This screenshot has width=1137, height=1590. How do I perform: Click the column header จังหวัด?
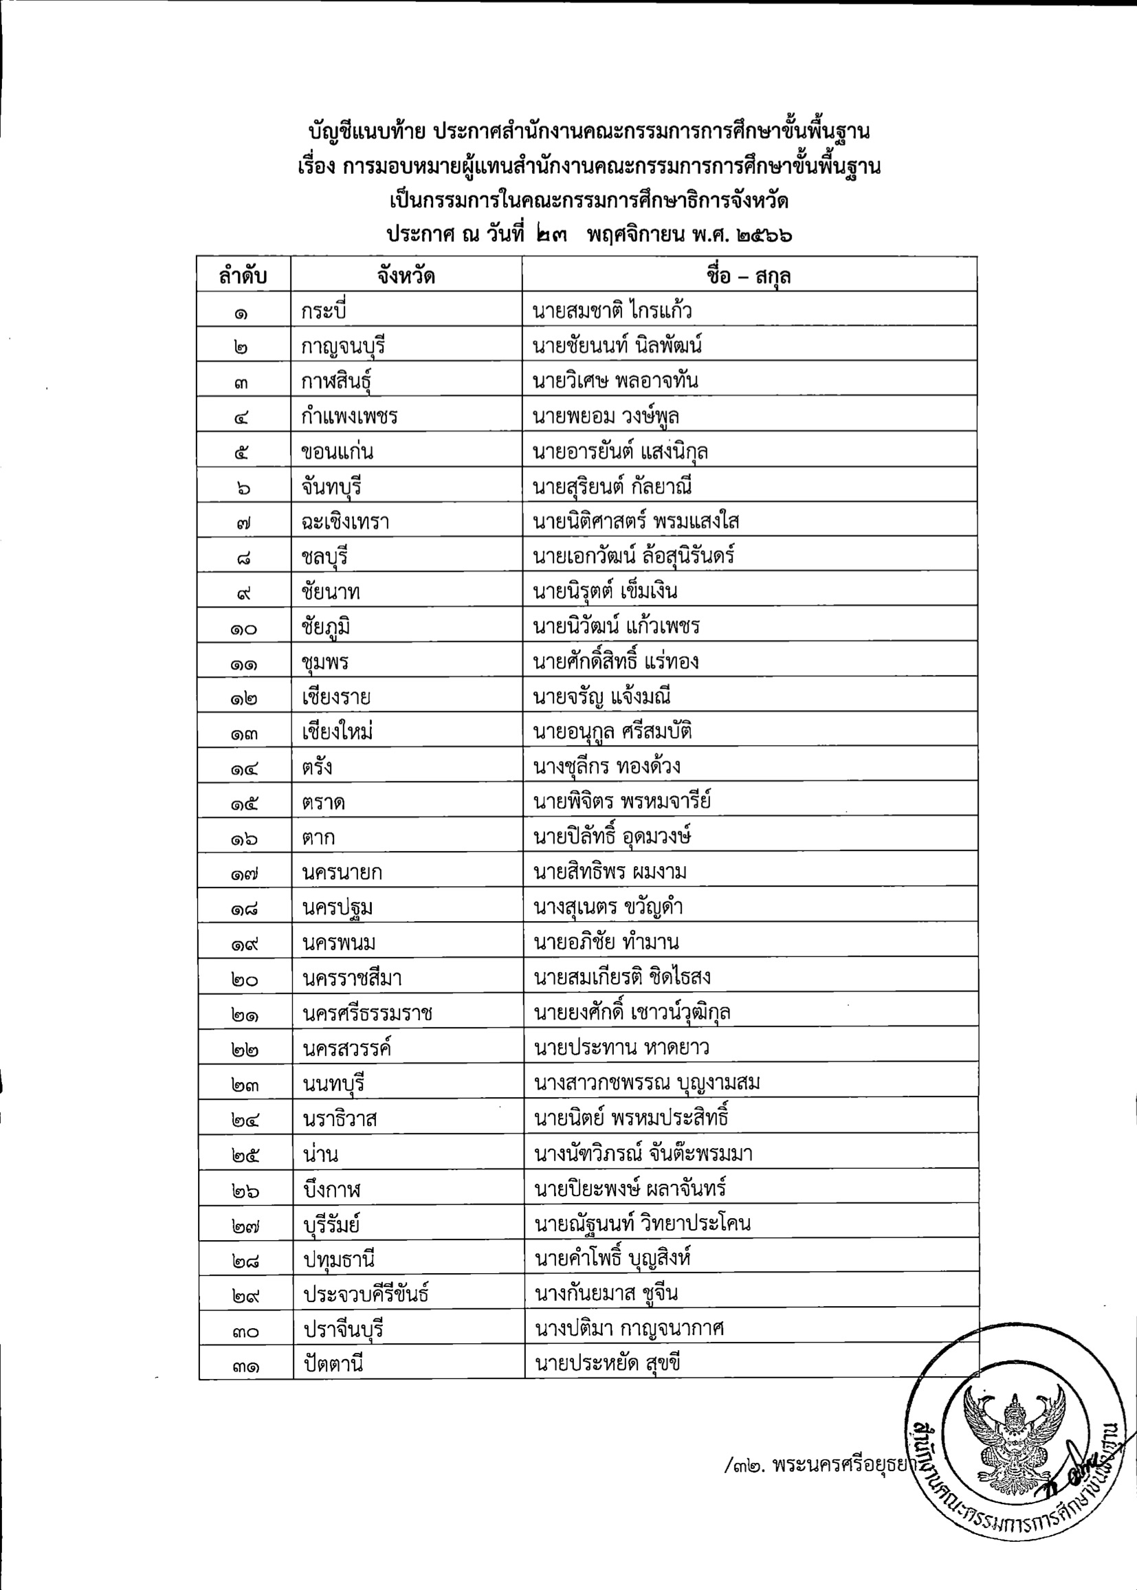pyautogui.click(x=406, y=276)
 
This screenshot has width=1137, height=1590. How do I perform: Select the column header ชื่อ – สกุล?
pyautogui.click(x=749, y=276)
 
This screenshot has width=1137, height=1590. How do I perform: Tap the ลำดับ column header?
pyautogui.click(x=243, y=276)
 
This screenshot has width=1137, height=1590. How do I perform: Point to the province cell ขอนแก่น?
pyautogui.click(x=338, y=452)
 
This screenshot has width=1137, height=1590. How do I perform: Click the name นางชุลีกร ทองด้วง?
pyautogui.click(x=607, y=767)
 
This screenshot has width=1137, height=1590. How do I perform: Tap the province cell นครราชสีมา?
pyautogui.click(x=352, y=978)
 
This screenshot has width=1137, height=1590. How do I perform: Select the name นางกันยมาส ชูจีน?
pyautogui.click(x=606, y=1294)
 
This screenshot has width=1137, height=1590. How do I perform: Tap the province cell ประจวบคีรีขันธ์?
pyautogui.click(x=366, y=1294)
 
